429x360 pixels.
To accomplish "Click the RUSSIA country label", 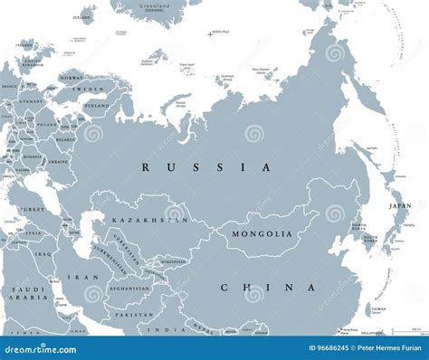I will (206, 167).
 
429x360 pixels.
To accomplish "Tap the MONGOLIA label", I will (262, 233).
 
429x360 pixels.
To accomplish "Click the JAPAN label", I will (399, 206).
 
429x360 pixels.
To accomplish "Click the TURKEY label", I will (33, 208).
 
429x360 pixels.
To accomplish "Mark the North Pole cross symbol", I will (211, 34).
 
